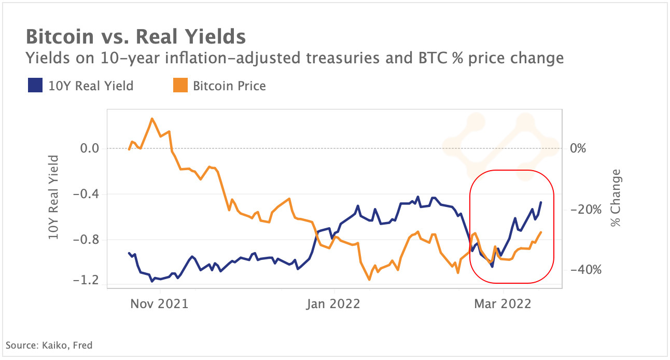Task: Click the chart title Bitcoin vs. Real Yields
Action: coord(135,37)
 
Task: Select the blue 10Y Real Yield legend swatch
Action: coord(35,86)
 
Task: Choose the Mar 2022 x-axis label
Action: coord(503,304)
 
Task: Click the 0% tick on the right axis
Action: coord(578,149)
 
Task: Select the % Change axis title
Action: coord(616,198)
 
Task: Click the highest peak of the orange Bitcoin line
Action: coord(152,119)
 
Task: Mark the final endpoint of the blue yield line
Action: coord(541,202)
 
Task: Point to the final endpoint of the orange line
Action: coord(541,232)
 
